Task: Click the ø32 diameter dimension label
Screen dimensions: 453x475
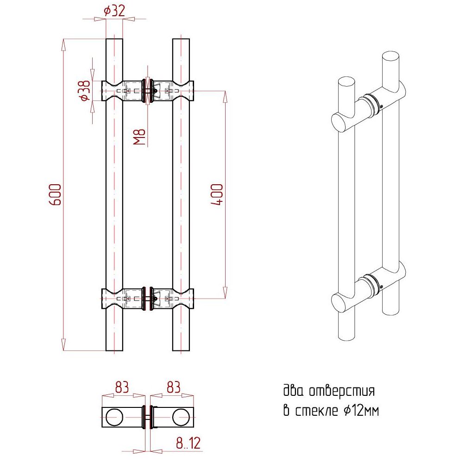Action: (x=114, y=11)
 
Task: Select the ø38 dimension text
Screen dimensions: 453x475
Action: (x=84, y=90)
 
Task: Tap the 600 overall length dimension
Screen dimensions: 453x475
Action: (x=55, y=194)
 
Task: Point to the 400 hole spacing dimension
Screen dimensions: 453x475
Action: (x=217, y=194)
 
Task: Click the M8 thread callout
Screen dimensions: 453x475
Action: (x=139, y=137)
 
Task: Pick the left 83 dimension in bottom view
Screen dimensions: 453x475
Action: (x=122, y=387)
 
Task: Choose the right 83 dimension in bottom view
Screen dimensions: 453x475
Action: (x=173, y=387)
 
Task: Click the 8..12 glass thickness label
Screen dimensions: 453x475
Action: (x=188, y=443)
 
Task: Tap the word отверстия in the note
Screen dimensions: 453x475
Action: (x=342, y=391)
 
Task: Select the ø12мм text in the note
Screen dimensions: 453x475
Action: (x=361, y=411)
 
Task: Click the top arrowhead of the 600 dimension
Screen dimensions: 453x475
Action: (x=63, y=44)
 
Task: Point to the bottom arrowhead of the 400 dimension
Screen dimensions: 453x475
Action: (x=225, y=293)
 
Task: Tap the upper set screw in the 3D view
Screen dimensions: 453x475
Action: (x=381, y=106)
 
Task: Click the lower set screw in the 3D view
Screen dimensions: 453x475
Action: (x=381, y=287)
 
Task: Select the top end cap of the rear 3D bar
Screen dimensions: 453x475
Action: (x=390, y=56)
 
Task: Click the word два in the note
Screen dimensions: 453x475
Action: (x=293, y=390)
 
